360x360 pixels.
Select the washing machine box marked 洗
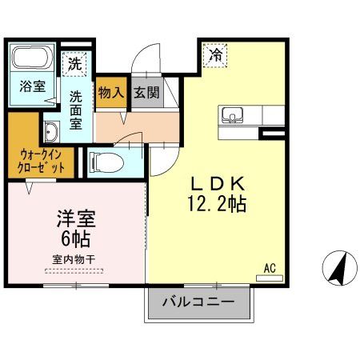74,62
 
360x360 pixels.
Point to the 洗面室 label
75,110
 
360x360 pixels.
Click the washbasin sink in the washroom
52,133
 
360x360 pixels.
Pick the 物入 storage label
110,94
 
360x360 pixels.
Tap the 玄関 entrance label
146,94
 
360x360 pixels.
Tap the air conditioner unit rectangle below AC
270,278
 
